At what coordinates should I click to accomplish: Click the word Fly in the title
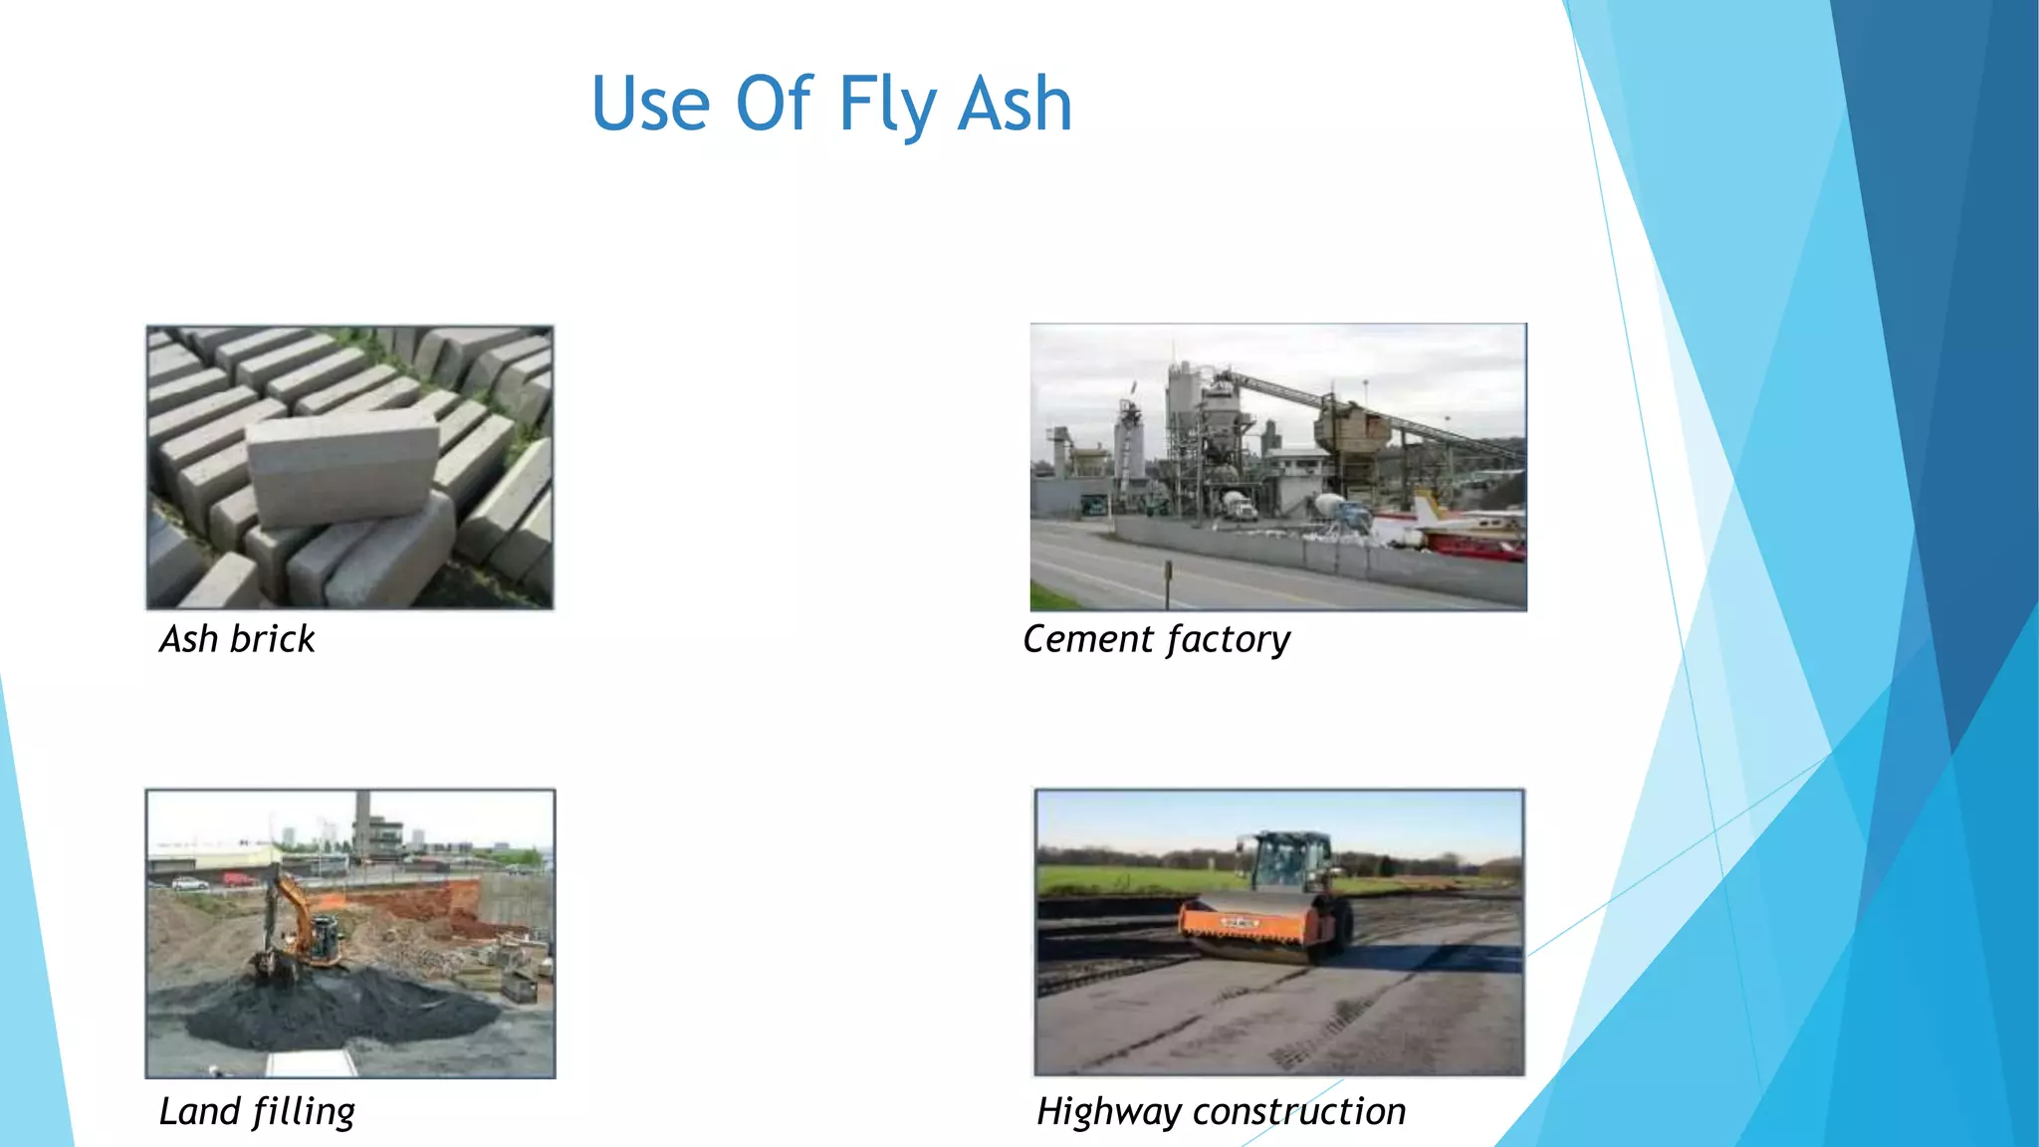(x=885, y=105)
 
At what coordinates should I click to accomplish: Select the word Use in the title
(x=650, y=105)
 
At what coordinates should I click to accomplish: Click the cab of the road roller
(x=1290, y=860)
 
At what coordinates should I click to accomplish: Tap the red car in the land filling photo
(x=239, y=879)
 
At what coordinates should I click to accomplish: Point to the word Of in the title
(x=774, y=105)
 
